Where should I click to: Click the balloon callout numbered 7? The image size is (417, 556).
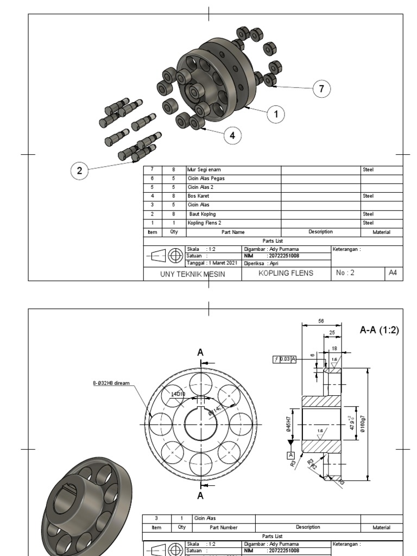(x=321, y=89)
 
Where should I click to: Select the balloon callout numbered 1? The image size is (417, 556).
(x=276, y=114)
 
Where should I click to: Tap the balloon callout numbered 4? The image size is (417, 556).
(x=232, y=136)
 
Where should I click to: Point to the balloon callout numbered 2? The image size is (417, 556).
(x=80, y=170)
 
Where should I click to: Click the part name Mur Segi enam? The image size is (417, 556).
(x=204, y=170)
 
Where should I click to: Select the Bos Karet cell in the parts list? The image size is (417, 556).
(x=198, y=195)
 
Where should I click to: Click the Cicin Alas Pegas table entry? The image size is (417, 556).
(x=206, y=178)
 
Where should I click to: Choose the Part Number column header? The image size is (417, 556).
(x=224, y=527)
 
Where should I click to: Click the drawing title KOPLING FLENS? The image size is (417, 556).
(x=286, y=273)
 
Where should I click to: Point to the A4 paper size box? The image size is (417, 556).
(x=393, y=273)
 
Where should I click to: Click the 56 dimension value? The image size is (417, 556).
(x=321, y=321)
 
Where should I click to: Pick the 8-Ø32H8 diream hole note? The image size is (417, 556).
(x=111, y=383)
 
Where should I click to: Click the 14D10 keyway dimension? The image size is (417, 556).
(x=178, y=394)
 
